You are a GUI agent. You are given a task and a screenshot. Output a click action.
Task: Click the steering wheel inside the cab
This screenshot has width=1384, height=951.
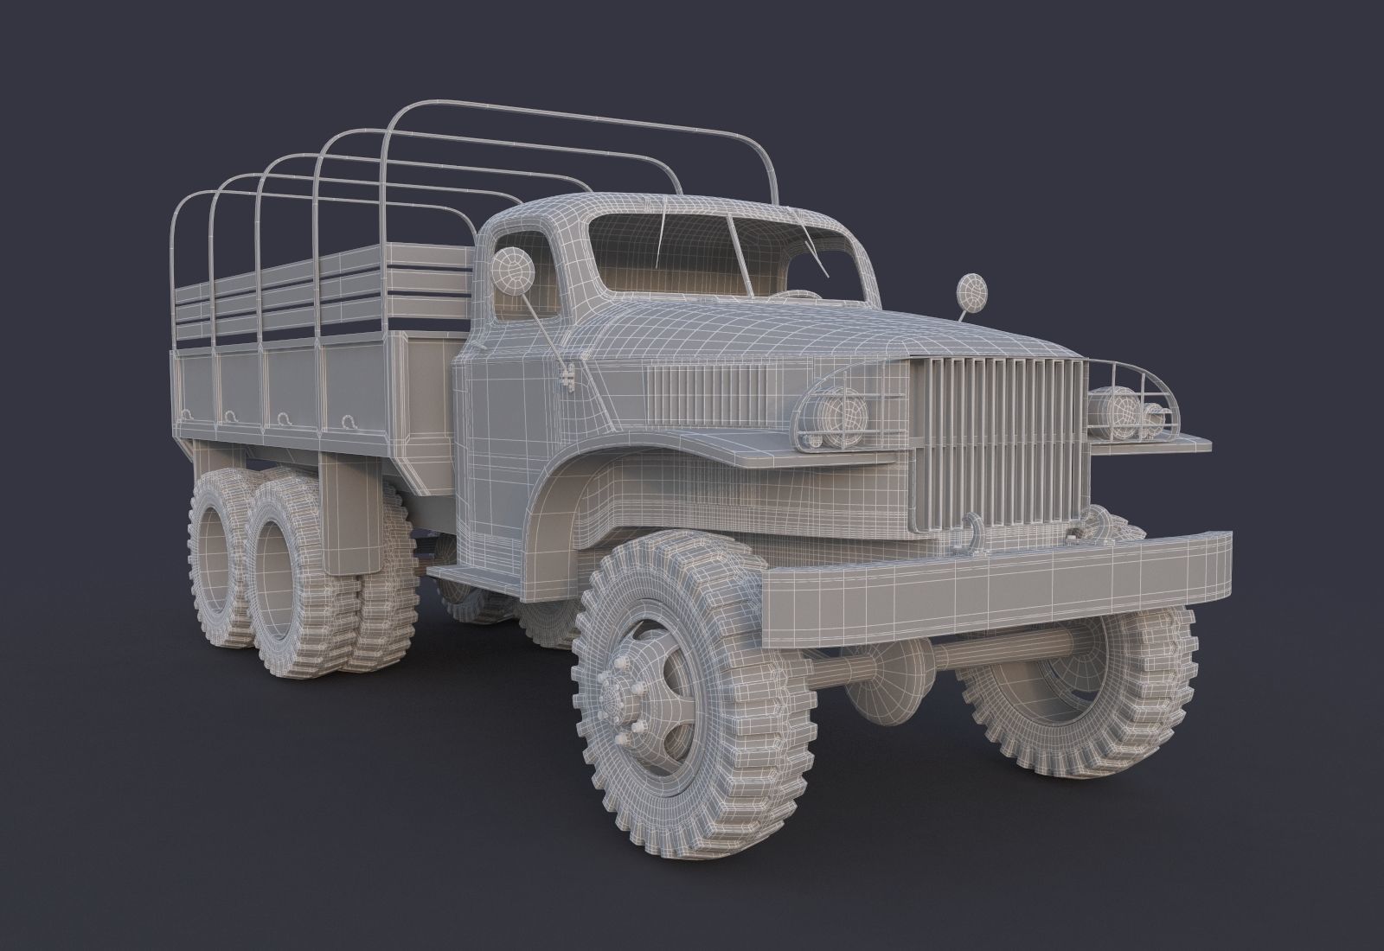tap(783, 294)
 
